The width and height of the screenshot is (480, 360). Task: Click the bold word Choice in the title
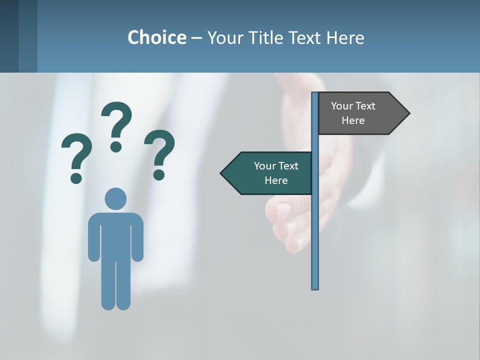click(156, 38)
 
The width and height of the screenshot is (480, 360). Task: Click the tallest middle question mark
click(116, 125)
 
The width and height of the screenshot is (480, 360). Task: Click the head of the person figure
click(115, 198)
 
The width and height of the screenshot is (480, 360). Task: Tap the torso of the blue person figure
click(115, 235)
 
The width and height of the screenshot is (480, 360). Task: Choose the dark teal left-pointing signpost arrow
click(267, 173)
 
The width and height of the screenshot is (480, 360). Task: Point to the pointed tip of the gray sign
click(408, 113)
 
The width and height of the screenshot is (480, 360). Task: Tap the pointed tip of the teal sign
click(222, 173)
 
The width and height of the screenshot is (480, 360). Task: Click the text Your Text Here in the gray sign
click(353, 113)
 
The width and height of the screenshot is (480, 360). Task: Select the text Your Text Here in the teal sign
click(276, 173)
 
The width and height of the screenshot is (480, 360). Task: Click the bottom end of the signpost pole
click(315, 287)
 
